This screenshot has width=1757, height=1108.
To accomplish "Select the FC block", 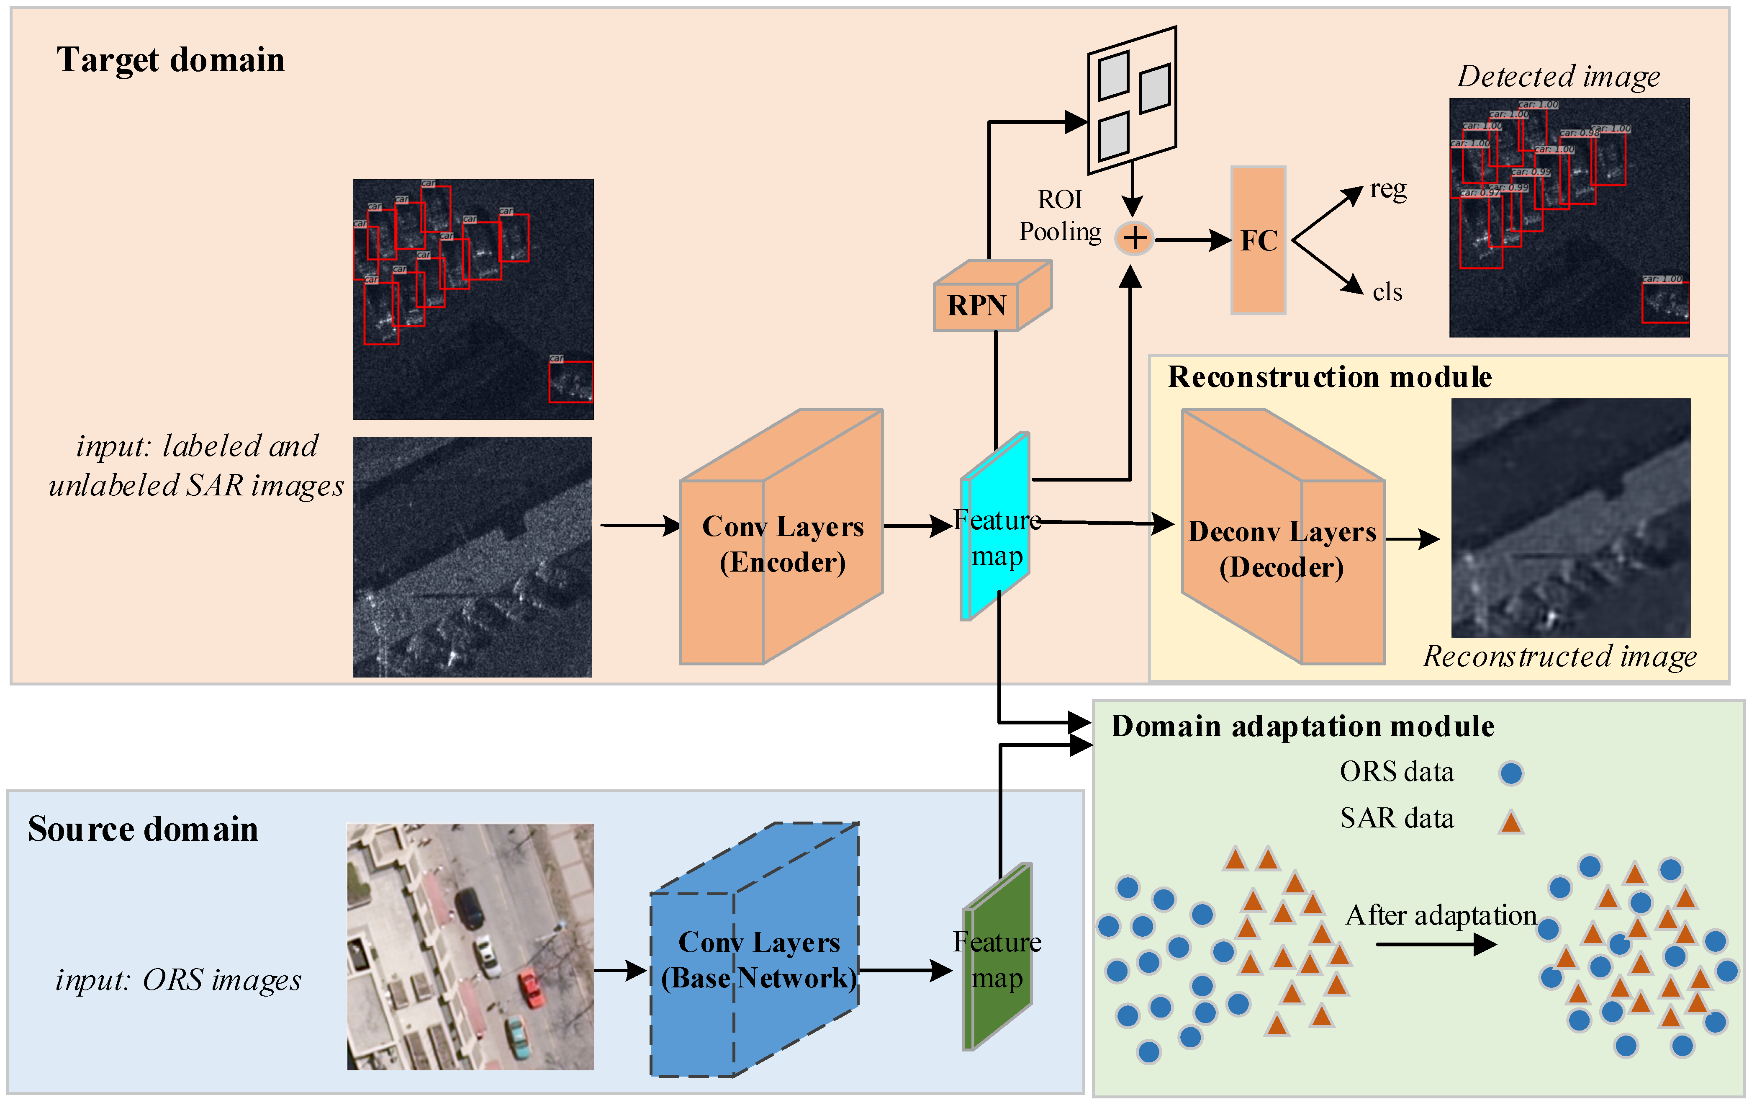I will (1258, 241).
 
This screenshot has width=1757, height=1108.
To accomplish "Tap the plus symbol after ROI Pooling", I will (1134, 238).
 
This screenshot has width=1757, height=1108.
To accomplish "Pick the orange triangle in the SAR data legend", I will (1510, 822).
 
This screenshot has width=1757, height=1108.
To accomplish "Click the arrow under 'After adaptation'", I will (1436, 945).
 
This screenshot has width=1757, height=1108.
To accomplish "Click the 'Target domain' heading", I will (171, 60).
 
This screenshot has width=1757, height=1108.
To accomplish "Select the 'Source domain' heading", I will (143, 829).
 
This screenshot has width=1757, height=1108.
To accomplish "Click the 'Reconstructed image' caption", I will (1559, 656).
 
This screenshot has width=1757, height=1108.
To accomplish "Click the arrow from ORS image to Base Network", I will (620, 971).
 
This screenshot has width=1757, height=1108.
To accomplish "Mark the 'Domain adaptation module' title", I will (1302, 726).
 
